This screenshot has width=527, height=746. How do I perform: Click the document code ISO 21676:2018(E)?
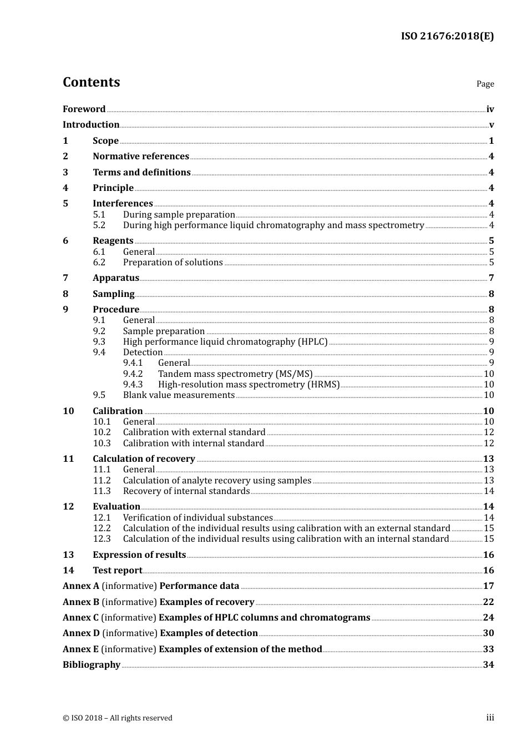(447, 36)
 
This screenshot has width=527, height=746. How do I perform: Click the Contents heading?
(91, 82)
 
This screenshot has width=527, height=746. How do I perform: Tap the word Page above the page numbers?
(485, 84)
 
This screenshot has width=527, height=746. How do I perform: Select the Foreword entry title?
(84, 109)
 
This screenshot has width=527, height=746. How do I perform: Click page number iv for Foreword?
(490, 109)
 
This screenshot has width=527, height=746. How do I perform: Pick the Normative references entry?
(141, 157)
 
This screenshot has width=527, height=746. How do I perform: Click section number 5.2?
(99, 225)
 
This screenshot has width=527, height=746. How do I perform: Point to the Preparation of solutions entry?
(173, 263)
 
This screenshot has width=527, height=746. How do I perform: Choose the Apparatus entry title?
(115, 278)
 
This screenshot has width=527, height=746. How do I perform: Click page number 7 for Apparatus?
(491, 278)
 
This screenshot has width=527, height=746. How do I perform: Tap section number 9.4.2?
(133, 374)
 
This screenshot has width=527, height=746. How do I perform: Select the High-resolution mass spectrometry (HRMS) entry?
(249, 385)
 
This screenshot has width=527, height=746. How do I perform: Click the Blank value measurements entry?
(179, 395)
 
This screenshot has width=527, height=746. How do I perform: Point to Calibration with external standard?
(194, 432)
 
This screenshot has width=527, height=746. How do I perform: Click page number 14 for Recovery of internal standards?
(489, 491)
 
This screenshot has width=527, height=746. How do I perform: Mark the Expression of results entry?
(139, 555)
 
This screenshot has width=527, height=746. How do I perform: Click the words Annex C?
(80, 618)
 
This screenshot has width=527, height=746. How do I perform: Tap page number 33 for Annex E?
(488, 649)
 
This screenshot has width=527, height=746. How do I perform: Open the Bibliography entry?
(92, 665)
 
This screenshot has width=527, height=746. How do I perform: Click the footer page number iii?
(490, 718)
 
